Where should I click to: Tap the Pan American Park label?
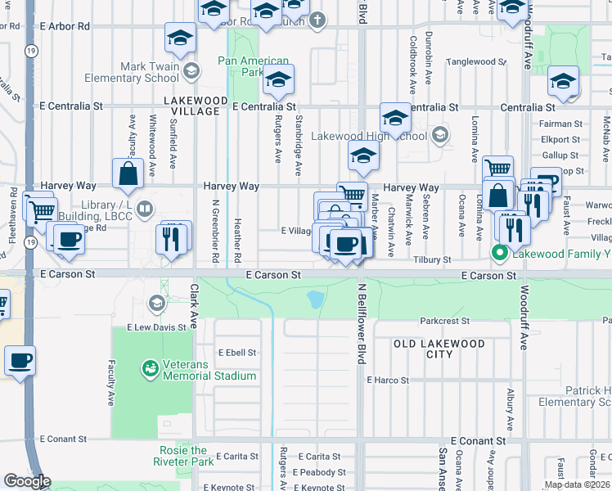coord(254,66)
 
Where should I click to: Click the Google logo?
coord(26,480)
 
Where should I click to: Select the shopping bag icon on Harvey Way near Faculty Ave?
coord(128,173)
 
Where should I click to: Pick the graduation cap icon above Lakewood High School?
coord(395,118)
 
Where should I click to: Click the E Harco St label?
coord(387,380)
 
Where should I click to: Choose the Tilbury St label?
coord(432,259)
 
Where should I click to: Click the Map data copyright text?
coord(577,484)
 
